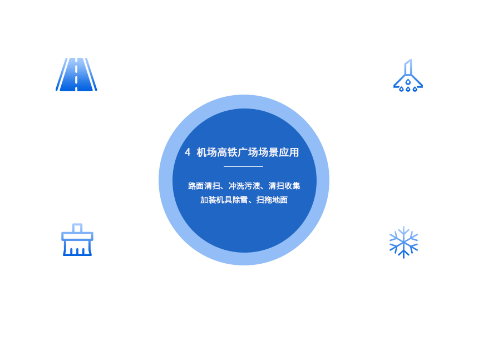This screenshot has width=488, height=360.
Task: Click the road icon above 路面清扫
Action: coord(76,74)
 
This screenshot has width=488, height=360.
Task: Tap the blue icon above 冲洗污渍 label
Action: coord(409,75)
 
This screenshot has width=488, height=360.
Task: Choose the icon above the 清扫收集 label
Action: coord(77,239)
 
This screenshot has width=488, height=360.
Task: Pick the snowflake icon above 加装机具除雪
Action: coord(403,242)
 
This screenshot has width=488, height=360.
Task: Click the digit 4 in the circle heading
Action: coord(188,152)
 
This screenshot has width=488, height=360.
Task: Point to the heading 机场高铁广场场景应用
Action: coord(248,152)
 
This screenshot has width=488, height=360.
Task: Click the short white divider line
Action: coord(243,166)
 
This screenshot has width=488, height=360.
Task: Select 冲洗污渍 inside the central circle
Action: coord(244,186)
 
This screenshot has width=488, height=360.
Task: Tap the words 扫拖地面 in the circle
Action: coord(272,200)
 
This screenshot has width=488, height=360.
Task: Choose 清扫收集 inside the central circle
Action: coord(284,186)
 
